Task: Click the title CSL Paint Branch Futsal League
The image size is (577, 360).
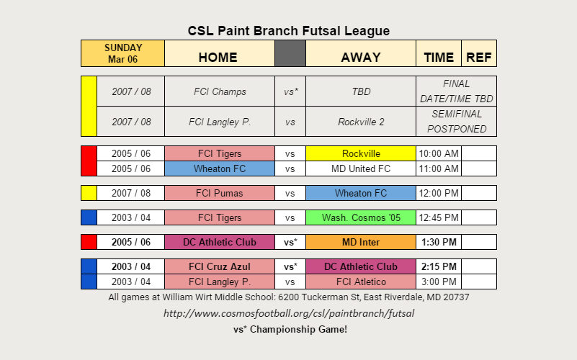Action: point(288,31)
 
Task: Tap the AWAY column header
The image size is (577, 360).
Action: point(361,53)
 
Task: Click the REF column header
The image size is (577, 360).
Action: point(479,53)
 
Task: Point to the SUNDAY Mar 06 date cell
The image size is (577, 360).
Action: point(123,53)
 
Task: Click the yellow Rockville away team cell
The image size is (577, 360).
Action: point(361,153)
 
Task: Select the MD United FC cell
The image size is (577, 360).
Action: point(361,168)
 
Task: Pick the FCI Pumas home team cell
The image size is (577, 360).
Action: point(220,193)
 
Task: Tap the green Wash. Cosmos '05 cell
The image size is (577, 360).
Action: point(361,217)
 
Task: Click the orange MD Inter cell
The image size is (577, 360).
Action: point(361,242)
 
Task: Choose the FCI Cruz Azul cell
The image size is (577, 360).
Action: point(220,266)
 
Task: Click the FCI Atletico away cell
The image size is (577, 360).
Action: point(361,282)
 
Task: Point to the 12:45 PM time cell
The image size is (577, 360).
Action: point(439,217)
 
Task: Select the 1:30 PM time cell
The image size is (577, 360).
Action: point(439,242)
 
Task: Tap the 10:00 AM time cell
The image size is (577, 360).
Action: point(439,153)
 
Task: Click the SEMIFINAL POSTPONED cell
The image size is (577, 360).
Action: point(456,122)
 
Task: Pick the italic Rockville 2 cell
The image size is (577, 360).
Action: point(361,122)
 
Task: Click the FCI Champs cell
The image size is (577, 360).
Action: point(220,91)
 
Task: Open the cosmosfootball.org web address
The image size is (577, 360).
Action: point(289,313)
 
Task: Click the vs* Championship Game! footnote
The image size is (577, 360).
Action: point(290,329)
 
